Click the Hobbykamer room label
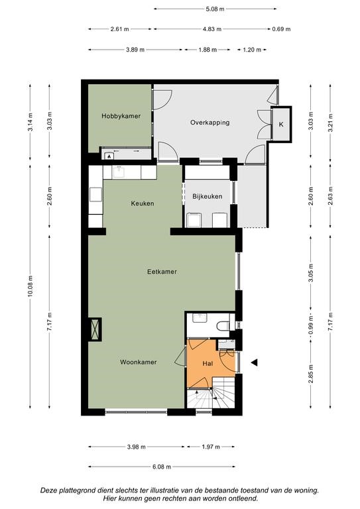tap(121, 116)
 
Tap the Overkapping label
tap(210, 123)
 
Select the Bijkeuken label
tap(207, 196)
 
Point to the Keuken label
tap(143, 203)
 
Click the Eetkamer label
tap(162, 272)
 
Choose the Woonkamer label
tap(139, 362)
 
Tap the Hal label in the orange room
tap(208, 364)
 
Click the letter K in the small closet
tap(281, 125)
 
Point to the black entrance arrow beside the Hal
tap(254, 363)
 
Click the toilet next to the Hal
tap(223, 325)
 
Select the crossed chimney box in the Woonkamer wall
tap(95, 329)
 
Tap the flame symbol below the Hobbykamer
tap(109, 156)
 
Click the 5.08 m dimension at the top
tap(215, 9)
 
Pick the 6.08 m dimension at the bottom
tap(162, 467)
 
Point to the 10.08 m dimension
tap(30, 287)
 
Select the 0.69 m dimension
tap(281, 29)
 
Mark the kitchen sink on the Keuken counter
tap(119, 172)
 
